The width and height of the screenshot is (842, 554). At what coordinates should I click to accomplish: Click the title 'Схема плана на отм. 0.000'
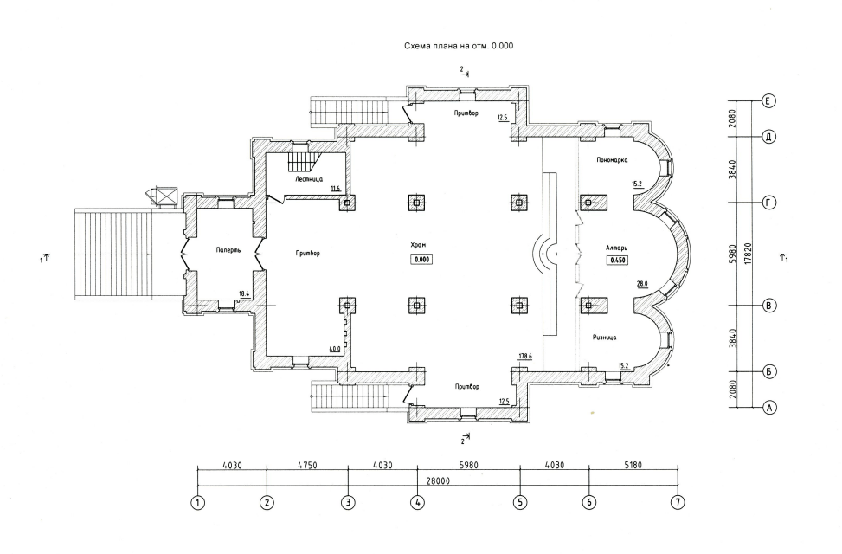[x=459, y=46]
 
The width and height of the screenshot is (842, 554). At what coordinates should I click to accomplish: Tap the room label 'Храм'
[x=418, y=245]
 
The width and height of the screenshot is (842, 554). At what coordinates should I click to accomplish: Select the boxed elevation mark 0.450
[x=617, y=260]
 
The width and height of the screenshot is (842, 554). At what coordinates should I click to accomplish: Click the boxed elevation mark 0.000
[x=422, y=260]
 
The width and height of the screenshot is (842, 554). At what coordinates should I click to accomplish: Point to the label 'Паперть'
[x=228, y=250]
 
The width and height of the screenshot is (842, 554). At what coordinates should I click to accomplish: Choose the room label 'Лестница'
[x=309, y=179]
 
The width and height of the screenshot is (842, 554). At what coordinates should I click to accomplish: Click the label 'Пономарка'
[x=612, y=159]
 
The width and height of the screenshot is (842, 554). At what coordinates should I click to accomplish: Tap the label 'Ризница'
[x=605, y=338]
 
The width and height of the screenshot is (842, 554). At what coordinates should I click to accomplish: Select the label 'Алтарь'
[x=616, y=248]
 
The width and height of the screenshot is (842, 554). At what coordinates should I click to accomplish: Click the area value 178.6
[x=524, y=357]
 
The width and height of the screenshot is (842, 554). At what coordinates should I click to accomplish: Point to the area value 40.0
[x=335, y=349]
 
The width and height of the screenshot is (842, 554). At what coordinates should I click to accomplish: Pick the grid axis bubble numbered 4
[x=417, y=503]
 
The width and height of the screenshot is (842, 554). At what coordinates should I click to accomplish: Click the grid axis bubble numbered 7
[x=678, y=503]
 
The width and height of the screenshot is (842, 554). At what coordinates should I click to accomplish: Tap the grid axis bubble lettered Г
[x=769, y=203]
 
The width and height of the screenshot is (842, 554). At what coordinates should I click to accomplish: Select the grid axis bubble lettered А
[x=769, y=408]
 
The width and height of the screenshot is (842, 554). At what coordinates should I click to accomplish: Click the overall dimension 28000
[x=438, y=481]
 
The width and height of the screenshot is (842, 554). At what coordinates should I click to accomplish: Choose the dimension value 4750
[x=307, y=466]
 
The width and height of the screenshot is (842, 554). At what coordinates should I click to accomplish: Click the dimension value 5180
[x=633, y=466]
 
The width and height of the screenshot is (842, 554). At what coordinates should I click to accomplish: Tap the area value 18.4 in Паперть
[x=244, y=294]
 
